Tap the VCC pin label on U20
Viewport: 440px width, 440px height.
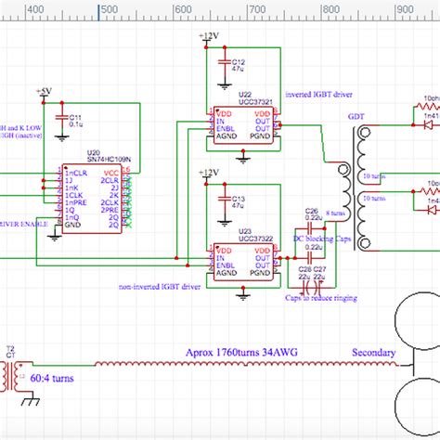coord(111,173)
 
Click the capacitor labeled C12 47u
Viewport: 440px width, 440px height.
coord(237,66)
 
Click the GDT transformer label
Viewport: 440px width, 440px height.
coord(356,118)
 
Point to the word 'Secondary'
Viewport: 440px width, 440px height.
coord(373,353)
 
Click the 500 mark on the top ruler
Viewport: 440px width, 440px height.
coord(107,9)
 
